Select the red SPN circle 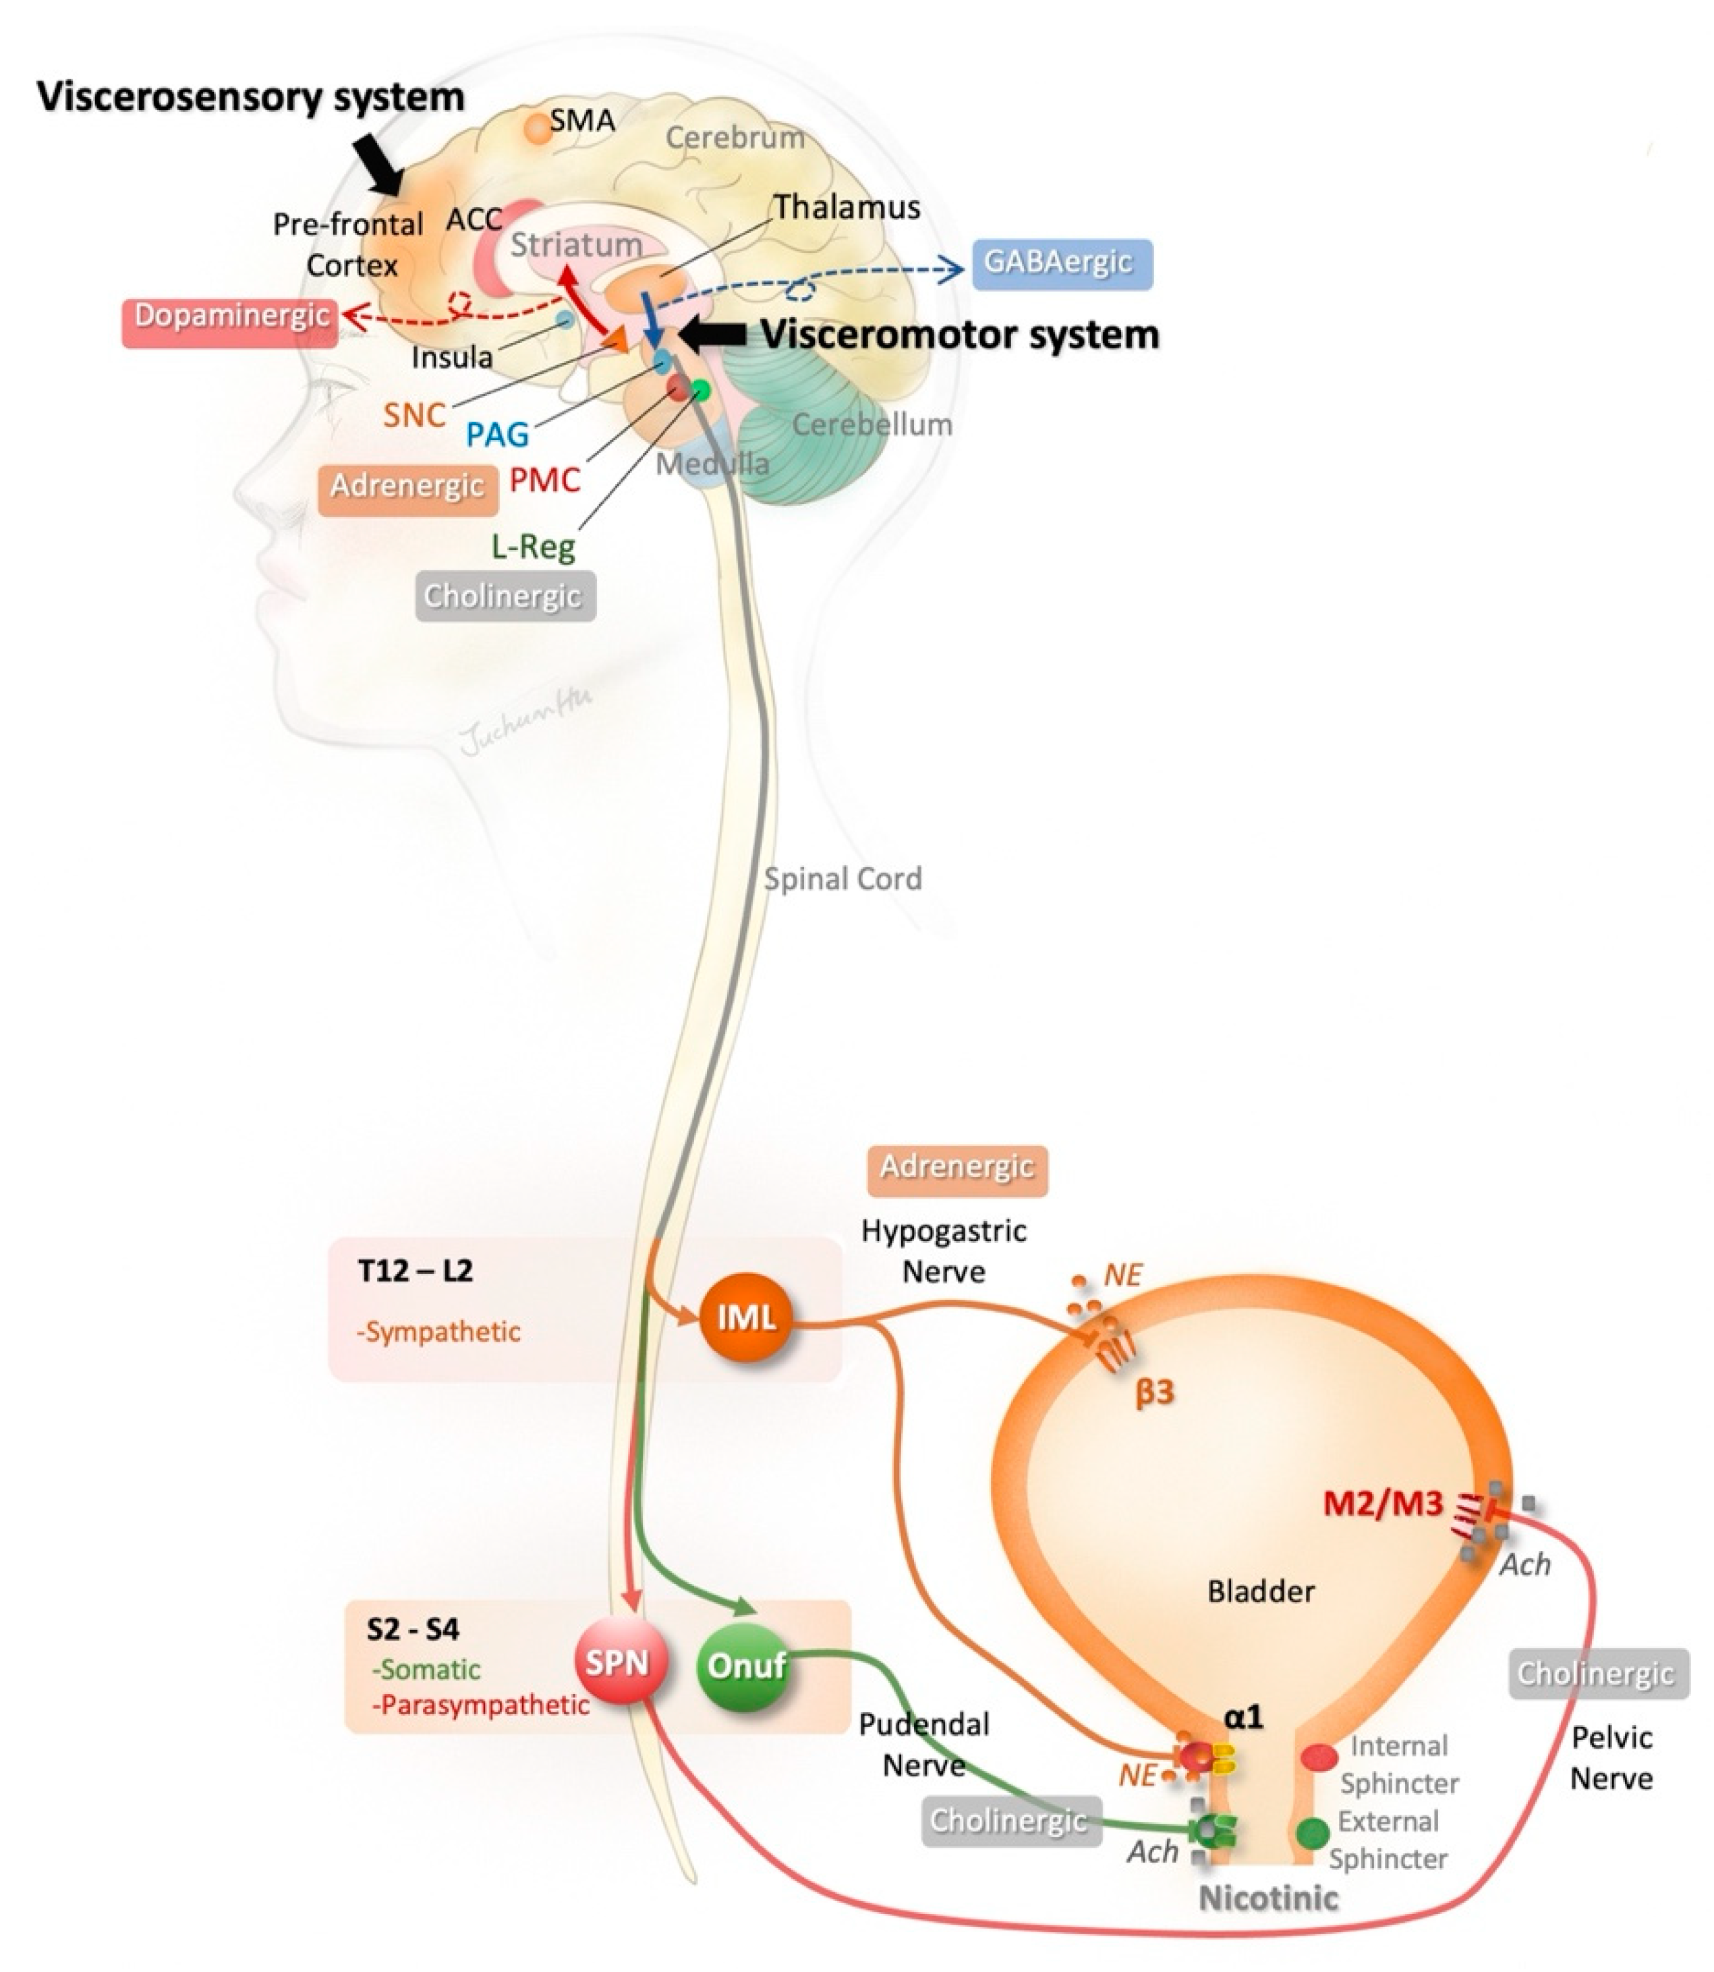click(619, 1662)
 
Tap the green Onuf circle click(746, 1666)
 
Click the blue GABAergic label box click(1062, 263)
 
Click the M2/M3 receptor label click(1382, 1504)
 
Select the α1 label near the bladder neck click(1243, 1718)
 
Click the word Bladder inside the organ click(1261, 1591)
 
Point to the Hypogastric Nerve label click(944, 1251)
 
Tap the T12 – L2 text click(415, 1271)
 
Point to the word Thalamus click(847, 207)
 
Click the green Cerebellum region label click(872, 424)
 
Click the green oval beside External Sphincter click(1313, 1832)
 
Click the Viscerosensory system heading click(251, 97)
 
